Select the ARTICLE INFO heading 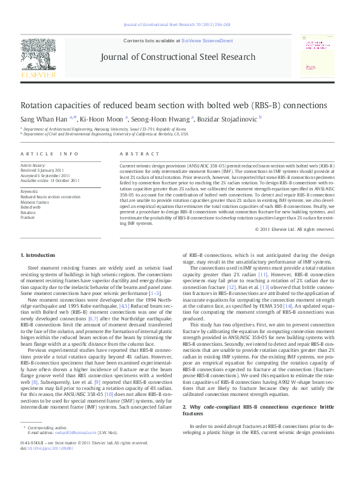[50, 154]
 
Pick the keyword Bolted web [31, 207]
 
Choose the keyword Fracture [28, 217]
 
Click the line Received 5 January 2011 [42, 170]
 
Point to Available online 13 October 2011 [50, 180]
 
